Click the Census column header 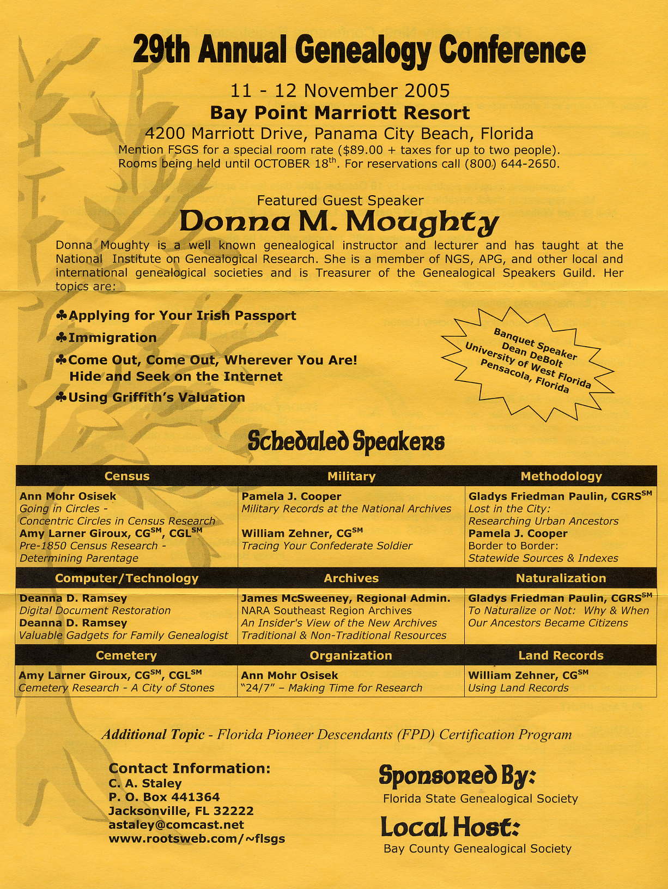click(x=126, y=476)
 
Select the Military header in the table click(x=351, y=476)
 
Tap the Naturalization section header click(x=561, y=578)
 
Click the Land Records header click(x=561, y=655)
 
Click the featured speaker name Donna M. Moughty click(x=339, y=221)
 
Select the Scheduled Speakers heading click(x=346, y=441)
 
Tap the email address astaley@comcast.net click(x=176, y=825)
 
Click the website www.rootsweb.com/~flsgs click(x=197, y=838)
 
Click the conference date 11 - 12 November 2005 click(x=340, y=90)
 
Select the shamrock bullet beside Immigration click(x=62, y=338)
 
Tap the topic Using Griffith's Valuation click(x=156, y=397)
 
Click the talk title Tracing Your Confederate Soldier click(x=327, y=546)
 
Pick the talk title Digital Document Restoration click(x=95, y=610)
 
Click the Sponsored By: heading click(x=457, y=775)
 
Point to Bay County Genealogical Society click(x=477, y=849)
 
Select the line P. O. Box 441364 click(x=164, y=797)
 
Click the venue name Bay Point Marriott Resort click(x=339, y=113)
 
